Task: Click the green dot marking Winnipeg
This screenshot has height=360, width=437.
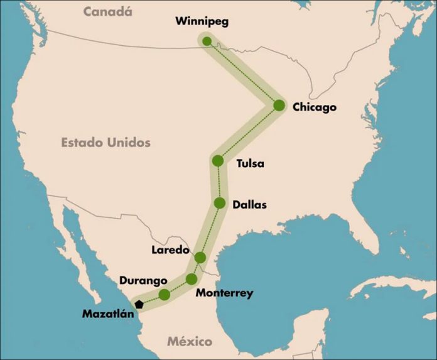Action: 207,41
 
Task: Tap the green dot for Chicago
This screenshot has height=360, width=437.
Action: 279,106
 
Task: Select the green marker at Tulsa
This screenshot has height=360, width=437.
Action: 218,161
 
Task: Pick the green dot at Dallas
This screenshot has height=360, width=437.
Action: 220,202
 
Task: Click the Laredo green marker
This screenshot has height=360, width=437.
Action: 200,257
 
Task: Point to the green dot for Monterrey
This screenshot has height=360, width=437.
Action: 192,278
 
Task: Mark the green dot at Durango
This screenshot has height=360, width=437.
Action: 165,294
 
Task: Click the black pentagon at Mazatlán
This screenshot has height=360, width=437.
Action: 139,304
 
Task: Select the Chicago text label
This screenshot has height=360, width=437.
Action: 315,107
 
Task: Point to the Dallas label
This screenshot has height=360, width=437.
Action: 249,204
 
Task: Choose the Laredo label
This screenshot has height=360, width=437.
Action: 170,250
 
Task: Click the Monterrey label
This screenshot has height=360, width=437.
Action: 224,293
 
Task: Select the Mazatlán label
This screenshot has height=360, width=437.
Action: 109,313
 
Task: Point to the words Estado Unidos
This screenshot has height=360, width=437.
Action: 105,143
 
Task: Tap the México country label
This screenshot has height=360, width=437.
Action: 189,342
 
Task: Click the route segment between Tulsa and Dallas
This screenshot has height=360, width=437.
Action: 218,182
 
